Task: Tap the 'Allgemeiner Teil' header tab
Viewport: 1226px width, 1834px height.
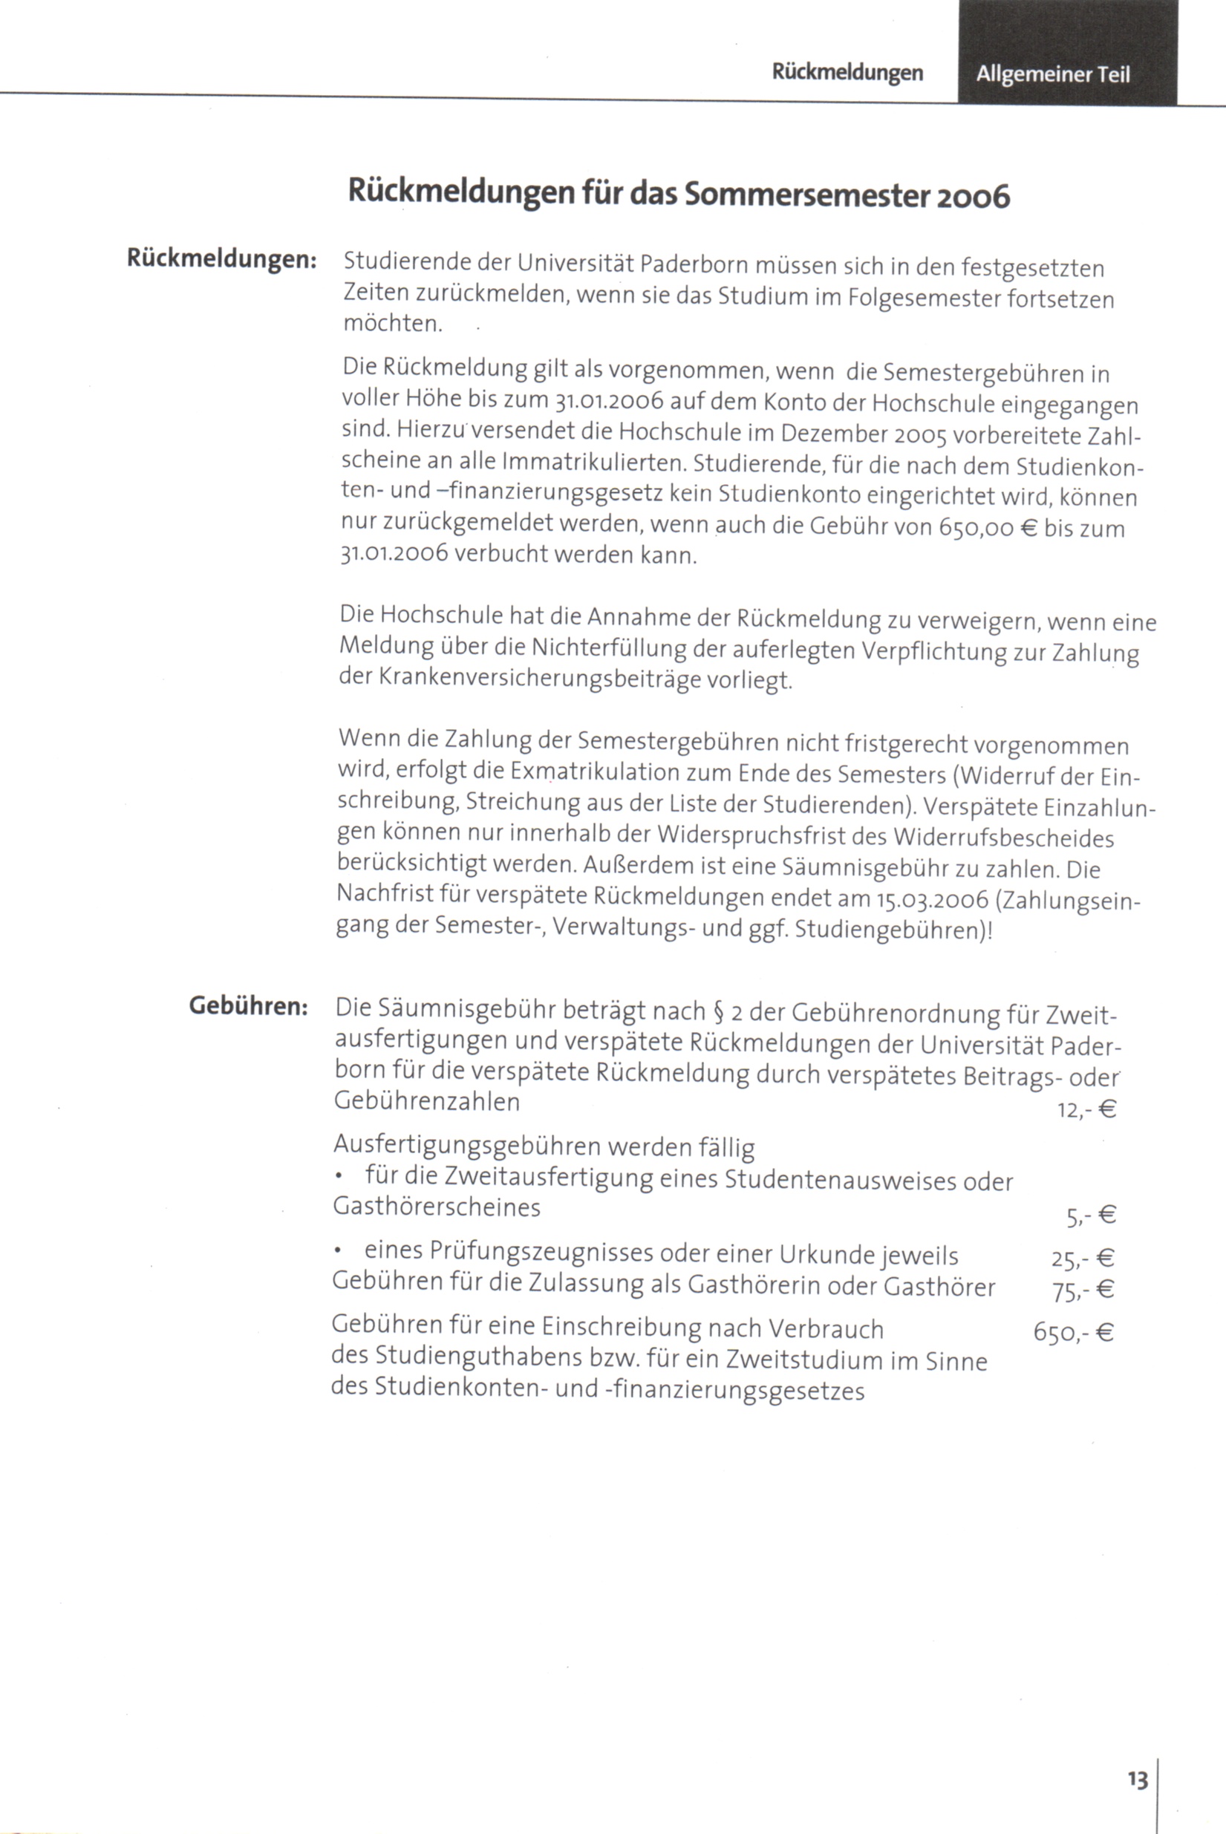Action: (1052, 74)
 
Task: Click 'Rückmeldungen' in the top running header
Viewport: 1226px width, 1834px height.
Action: (847, 73)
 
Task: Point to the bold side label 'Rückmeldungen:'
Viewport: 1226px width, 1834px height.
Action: (221, 258)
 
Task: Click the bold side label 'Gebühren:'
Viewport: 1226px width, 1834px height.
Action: (249, 1006)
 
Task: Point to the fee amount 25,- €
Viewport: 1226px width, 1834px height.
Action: (1082, 1259)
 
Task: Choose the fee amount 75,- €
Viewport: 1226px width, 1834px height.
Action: (1083, 1290)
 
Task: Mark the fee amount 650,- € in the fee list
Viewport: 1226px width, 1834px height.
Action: (1073, 1331)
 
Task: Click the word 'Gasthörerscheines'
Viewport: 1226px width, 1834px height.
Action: (437, 1208)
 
